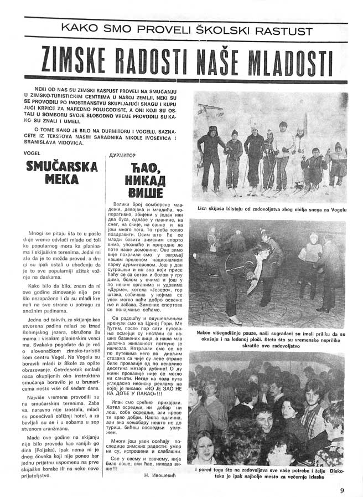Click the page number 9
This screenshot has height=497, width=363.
tap(343, 489)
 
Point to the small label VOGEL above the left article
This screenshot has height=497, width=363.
tap(33, 152)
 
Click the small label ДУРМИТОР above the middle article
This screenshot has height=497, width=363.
tap(123, 156)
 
